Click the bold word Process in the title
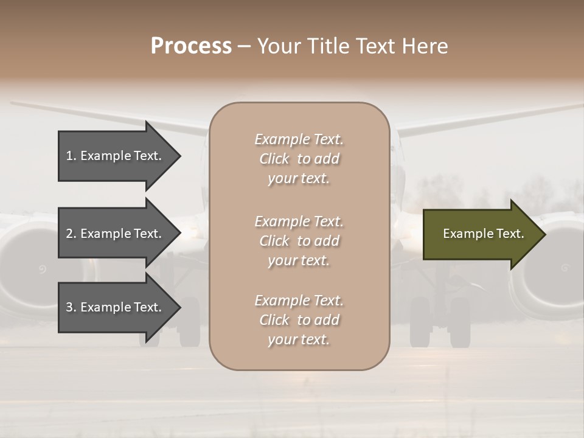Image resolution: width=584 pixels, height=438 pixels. pos(191,46)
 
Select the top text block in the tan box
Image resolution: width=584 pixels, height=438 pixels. pos(299,159)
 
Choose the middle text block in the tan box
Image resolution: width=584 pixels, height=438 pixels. pos(299,241)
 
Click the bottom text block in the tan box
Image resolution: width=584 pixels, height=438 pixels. pos(299,320)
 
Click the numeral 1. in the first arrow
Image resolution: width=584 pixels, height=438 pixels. pos(71,156)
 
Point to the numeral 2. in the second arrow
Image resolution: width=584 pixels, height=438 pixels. pos(71,234)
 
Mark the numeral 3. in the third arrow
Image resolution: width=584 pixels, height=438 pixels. pos(71,307)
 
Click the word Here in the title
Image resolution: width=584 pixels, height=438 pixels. pos(425,46)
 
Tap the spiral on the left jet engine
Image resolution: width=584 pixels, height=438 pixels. pos(42,268)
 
